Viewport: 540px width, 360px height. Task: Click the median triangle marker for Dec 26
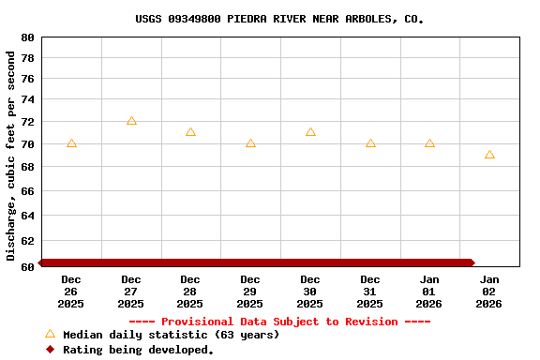[71, 143]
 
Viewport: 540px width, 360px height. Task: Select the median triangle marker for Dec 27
[131, 121]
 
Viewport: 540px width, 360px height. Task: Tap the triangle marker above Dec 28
[190, 132]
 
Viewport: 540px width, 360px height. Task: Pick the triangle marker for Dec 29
[250, 143]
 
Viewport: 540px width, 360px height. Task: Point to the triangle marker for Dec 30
[310, 132]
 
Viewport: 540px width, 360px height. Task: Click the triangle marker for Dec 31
[370, 143]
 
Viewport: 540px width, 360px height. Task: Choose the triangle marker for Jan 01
[429, 143]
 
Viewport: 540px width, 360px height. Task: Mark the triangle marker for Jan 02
[489, 155]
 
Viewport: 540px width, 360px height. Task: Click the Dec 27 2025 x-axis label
[131, 292]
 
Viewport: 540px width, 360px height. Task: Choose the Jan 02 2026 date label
[489, 292]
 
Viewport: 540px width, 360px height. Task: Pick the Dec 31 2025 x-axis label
[370, 292]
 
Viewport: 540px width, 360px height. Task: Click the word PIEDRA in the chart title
[247, 19]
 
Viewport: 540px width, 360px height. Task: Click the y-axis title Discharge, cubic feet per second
[11, 156]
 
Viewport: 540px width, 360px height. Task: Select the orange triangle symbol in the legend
[50, 334]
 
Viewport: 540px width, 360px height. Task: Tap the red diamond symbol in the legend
[50, 350]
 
